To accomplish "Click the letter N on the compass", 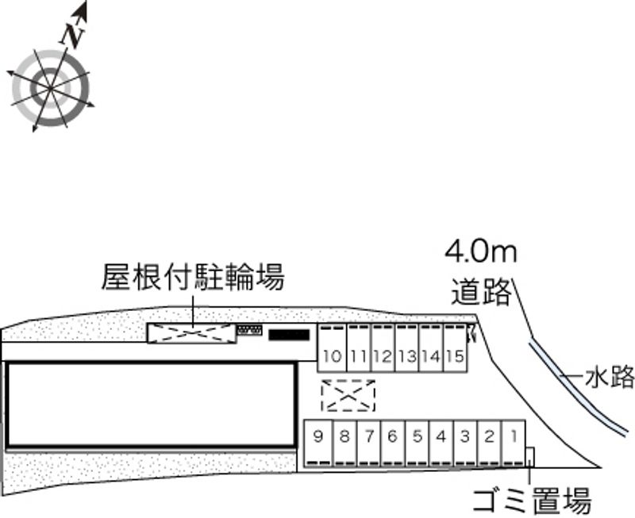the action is [x=74, y=35].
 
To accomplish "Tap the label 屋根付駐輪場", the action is [x=192, y=278].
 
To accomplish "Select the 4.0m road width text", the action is [x=480, y=253].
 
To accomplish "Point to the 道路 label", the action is [x=481, y=292].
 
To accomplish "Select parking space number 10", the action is [x=333, y=356].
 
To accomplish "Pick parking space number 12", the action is [x=382, y=356].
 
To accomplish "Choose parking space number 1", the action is [x=514, y=435].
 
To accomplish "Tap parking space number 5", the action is [x=417, y=435].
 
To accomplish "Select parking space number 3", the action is [x=465, y=435].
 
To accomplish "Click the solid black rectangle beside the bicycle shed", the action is [x=288, y=335].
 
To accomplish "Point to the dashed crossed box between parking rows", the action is [x=348, y=395].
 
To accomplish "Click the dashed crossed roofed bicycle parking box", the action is [x=191, y=334].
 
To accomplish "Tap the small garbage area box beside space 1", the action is [x=530, y=458].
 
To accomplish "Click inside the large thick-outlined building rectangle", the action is [x=151, y=405].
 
